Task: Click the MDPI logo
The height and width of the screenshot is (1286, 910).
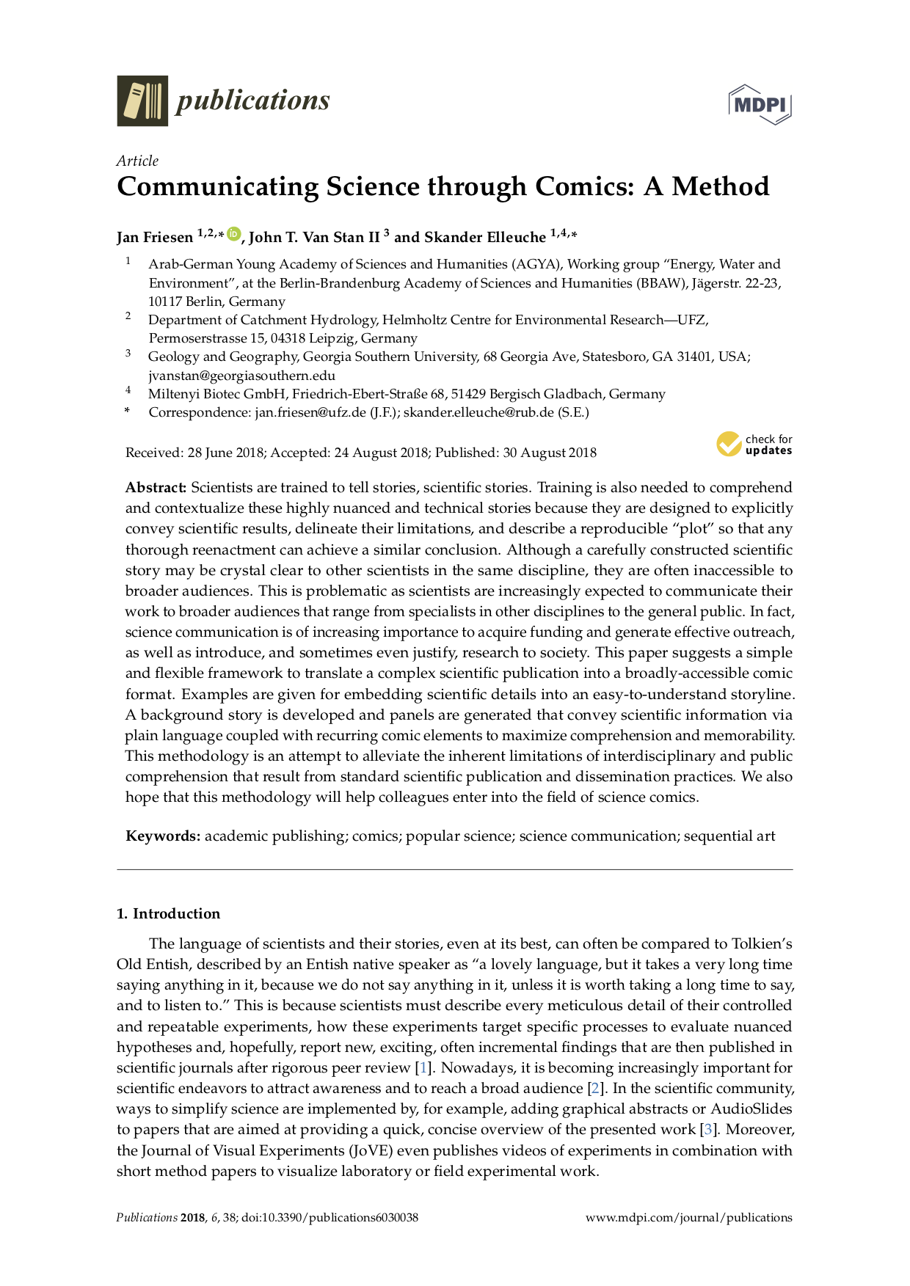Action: (760, 104)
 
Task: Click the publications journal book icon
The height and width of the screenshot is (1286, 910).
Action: (142, 101)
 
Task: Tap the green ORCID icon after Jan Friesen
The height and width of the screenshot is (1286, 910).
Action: (233, 234)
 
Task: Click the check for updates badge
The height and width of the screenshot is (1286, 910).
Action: (754, 445)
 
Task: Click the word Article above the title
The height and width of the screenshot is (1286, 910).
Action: (137, 161)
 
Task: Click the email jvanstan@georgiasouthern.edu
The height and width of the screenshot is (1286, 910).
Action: (241, 375)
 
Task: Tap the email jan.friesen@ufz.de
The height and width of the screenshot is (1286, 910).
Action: (310, 412)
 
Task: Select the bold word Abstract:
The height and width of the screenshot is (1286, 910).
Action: (156, 488)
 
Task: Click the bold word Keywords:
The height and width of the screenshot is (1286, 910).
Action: (163, 836)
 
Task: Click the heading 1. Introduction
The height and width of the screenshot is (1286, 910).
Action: (168, 913)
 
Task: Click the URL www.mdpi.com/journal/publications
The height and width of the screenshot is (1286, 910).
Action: (688, 1218)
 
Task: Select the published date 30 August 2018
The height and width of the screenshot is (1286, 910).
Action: (549, 453)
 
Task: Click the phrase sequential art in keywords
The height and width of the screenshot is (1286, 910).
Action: (729, 836)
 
